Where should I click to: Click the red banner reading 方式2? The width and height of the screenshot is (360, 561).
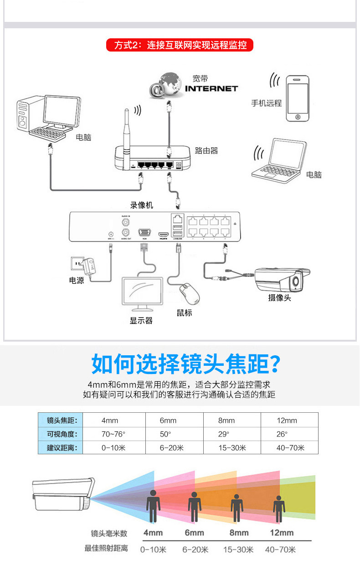coord(180,45)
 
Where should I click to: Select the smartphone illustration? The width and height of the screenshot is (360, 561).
coord(297,98)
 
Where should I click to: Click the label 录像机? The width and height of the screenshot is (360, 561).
coord(141,205)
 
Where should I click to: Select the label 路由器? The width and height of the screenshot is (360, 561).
coord(206,151)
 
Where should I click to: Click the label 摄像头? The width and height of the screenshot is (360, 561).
coord(279,298)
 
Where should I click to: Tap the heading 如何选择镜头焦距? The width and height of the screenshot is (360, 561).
coord(186,364)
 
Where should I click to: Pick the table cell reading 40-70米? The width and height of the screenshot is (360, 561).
coord(290,448)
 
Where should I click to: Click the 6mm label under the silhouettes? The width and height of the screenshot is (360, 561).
coord(194,533)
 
